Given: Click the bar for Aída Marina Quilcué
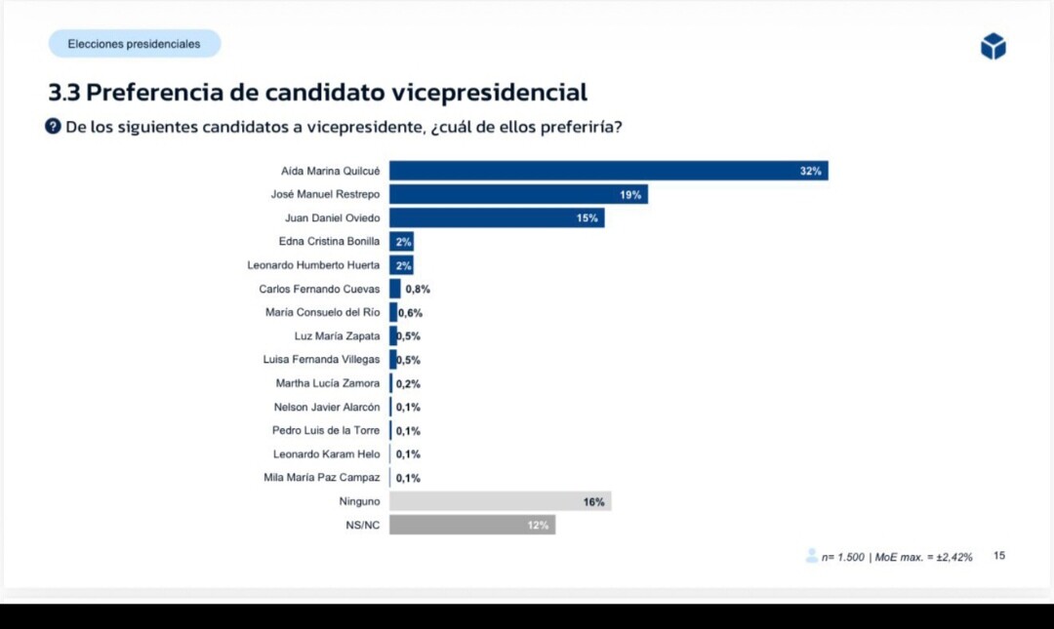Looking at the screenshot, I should coord(608,171).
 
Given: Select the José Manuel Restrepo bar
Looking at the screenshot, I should coord(518,194).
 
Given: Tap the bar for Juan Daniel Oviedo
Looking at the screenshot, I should coord(497,217).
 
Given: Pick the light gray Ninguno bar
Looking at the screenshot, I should coord(500,501).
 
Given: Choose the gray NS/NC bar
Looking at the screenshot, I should coord(472,525).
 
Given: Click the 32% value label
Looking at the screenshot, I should coord(811,172).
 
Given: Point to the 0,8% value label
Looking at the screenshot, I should coord(418,289).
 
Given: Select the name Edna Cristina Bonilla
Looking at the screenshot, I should coord(329,241).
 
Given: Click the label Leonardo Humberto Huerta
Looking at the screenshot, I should coord(313,265).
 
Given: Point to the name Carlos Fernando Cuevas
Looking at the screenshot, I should coord(319,289).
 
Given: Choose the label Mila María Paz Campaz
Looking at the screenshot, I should coord(322,478).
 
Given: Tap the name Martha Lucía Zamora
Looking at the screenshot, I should coord(328,383).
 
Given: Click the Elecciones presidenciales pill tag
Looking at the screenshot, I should coord(135,44).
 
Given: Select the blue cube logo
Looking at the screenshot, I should coord(993,46).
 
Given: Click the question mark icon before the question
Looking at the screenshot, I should coord(54,127).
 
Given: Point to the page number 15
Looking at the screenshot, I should coord(999,556).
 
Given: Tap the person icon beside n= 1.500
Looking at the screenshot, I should coord(811,556).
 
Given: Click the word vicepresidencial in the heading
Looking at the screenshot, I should coord(489,93).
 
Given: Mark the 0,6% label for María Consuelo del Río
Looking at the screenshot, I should coord(410,313).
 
